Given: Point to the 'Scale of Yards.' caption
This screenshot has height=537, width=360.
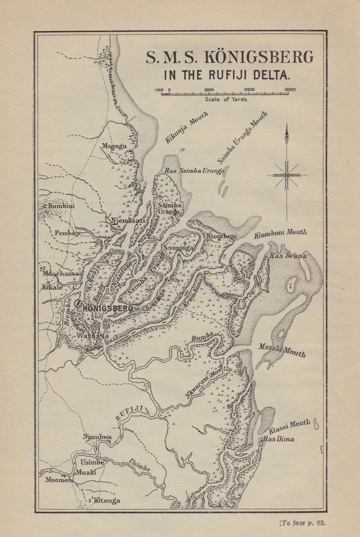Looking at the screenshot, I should (226, 100).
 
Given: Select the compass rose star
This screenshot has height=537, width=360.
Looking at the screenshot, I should (287, 175).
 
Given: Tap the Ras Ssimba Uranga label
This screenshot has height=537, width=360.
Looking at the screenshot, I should (195, 171).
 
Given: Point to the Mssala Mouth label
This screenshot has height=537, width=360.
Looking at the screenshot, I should (282, 350).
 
